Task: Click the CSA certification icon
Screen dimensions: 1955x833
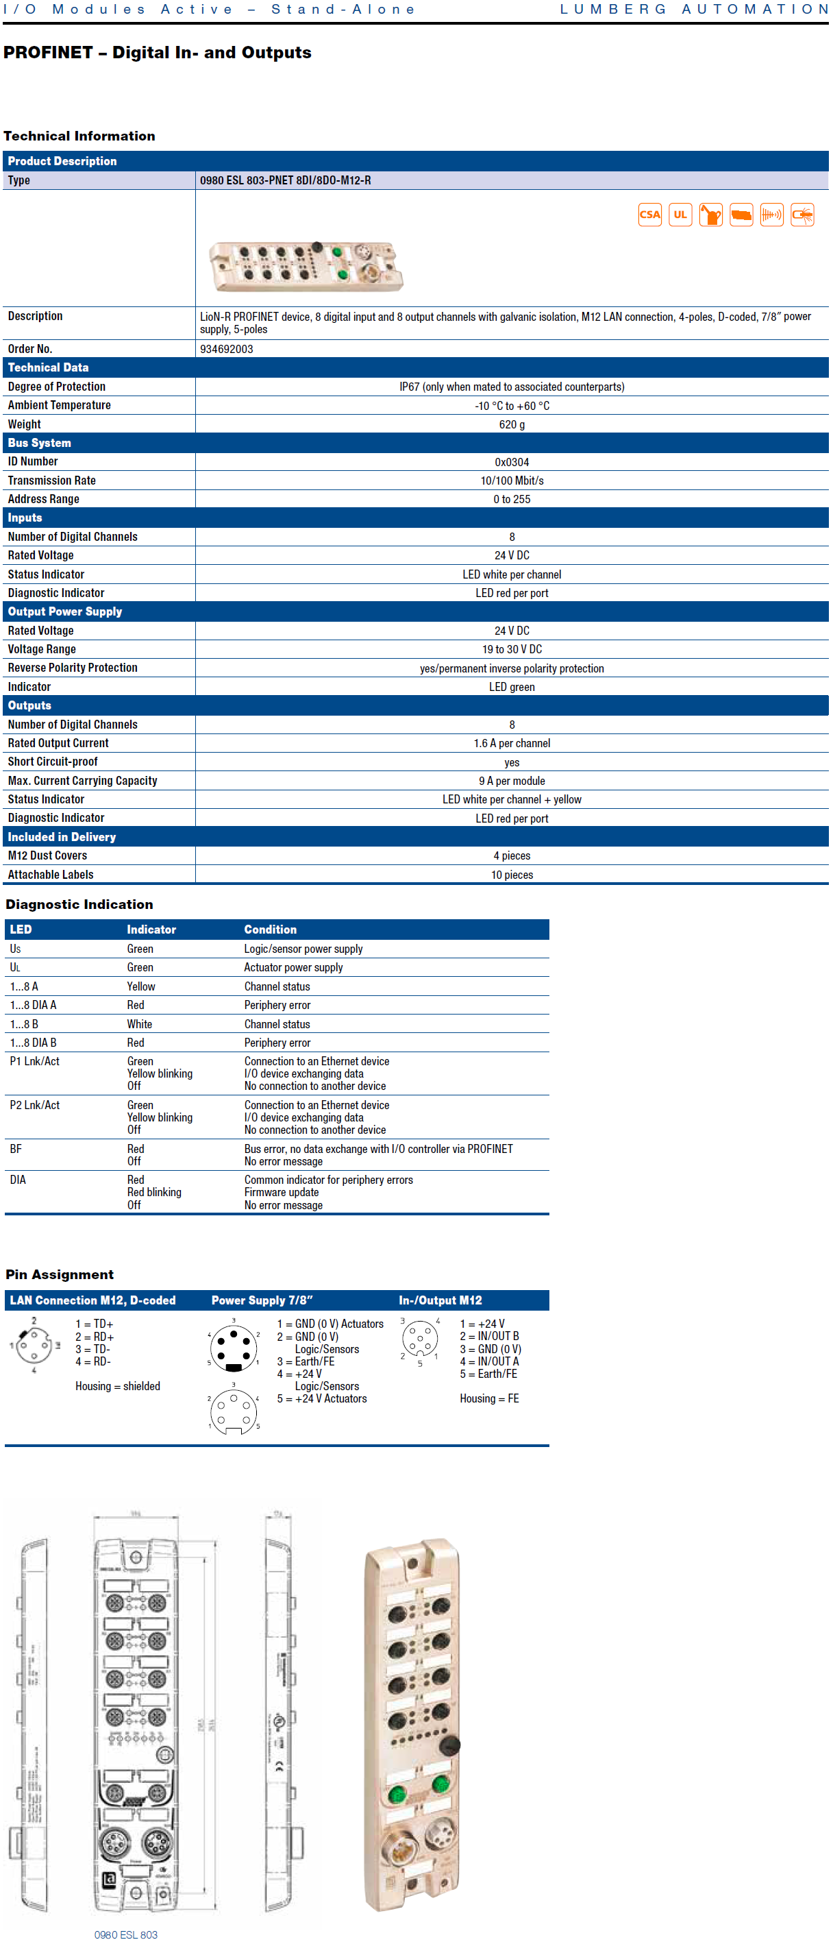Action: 649,215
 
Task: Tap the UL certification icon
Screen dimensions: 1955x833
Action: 680,215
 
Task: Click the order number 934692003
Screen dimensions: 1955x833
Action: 226,349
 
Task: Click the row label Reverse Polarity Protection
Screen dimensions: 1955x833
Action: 73,668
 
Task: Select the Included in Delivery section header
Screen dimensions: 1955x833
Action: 62,837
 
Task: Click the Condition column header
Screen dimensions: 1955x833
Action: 270,930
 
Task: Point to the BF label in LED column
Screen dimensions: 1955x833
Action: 16,1149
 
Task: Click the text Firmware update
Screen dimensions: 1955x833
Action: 281,1192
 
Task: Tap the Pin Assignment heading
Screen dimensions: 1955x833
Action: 59,1275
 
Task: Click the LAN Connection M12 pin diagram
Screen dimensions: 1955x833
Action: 34,1346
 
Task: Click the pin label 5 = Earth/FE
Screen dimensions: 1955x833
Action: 488,1374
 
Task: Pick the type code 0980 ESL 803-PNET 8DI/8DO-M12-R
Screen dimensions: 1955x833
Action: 285,181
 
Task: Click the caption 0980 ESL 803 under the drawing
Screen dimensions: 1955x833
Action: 125,1934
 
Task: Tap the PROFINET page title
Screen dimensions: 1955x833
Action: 157,52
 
